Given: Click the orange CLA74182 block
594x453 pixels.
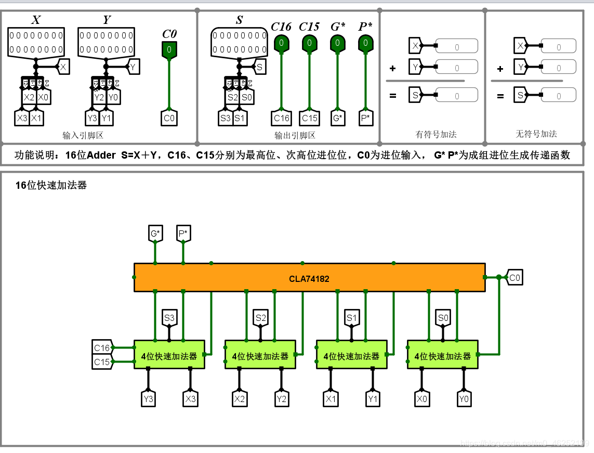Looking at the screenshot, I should tap(309, 278).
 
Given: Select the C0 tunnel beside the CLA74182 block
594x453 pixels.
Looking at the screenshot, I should tap(514, 278).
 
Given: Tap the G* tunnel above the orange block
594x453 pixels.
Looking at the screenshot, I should tap(155, 234).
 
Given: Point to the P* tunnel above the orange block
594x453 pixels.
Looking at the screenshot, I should tap(183, 234).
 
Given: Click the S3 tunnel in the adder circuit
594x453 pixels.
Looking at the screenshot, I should tap(169, 317).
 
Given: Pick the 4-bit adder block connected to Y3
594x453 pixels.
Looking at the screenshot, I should tap(169, 356).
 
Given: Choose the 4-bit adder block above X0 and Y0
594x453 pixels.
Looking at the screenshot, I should tap(442, 356).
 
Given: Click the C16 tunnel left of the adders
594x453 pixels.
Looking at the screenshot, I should tap(102, 348).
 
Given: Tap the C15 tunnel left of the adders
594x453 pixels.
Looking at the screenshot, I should tap(102, 361).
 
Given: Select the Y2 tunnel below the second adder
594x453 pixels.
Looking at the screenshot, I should tap(282, 399).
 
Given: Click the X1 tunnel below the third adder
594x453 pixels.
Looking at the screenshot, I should tap(331, 399).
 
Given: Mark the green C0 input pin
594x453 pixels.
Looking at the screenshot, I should tap(169, 50).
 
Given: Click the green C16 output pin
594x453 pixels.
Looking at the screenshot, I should tap(281, 43).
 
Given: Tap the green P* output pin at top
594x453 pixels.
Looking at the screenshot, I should tap(365, 43).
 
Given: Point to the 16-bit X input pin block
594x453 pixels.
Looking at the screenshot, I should tap(36, 43).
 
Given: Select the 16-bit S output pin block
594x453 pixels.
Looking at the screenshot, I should tap(239, 43).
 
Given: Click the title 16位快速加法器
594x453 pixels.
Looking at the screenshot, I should tap(51, 185).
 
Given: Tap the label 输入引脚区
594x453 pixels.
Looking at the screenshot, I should tap(83, 136).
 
